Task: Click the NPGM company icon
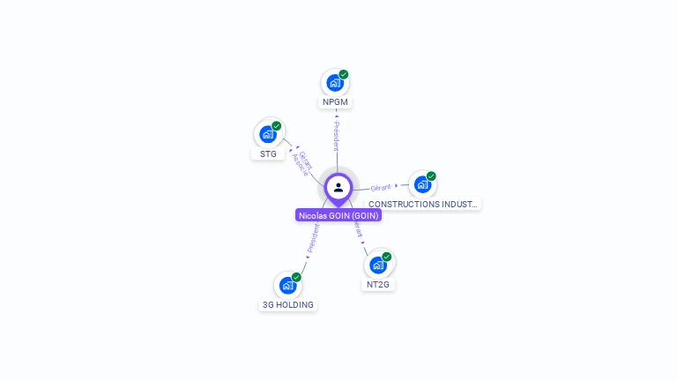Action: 334,83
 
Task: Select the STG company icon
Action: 268,134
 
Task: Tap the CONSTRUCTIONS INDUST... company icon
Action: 422,184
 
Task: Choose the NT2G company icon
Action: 377,265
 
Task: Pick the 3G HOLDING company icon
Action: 287,285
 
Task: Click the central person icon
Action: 338,187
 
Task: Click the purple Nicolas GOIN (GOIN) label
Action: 338,215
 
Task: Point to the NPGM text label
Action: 335,102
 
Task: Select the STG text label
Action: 268,153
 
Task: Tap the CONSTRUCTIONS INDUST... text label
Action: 423,204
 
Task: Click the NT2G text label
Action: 377,285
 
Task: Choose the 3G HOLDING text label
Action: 287,305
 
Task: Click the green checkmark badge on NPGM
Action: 344,74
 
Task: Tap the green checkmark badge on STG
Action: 277,126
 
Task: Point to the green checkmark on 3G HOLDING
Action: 296,277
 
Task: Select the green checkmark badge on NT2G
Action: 386,257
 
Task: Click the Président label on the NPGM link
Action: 336,135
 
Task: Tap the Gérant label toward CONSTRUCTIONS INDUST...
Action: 381,187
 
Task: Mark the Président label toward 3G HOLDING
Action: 313,238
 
